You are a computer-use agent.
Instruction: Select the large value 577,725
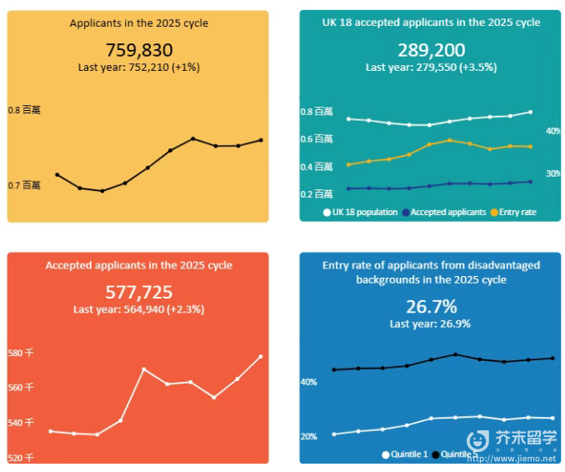(138, 292)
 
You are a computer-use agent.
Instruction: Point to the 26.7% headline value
(431, 306)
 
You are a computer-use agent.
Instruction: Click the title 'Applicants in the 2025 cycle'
(139, 23)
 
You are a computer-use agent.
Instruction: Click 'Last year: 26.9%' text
(430, 324)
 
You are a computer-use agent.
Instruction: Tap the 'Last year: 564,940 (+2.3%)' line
(138, 309)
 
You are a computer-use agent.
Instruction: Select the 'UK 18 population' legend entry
(360, 213)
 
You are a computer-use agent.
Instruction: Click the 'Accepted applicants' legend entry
(443, 213)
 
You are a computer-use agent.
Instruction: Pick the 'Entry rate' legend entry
(512, 213)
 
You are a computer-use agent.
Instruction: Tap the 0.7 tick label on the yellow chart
(24, 185)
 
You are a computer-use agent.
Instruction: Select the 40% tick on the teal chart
(552, 131)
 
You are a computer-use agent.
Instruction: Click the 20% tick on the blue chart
(308, 437)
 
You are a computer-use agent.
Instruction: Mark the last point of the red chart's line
(261, 356)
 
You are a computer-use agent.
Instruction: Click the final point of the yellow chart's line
(262, 140)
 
